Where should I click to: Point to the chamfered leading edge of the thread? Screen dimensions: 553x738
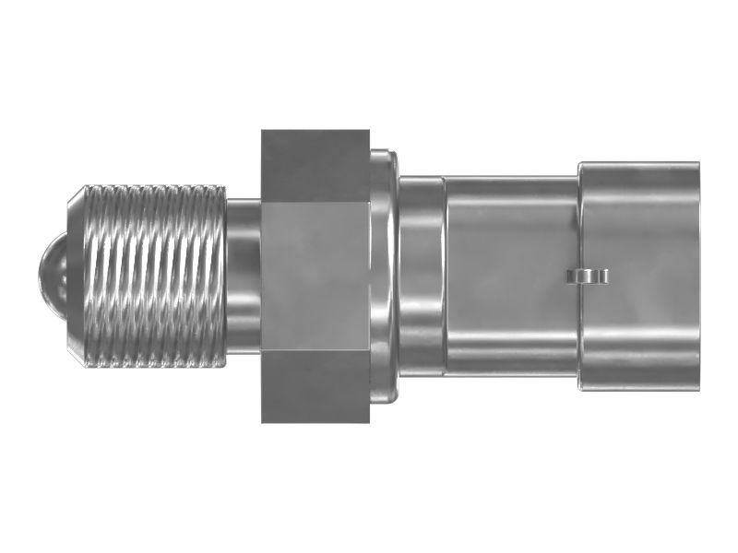click(x=78, y=276)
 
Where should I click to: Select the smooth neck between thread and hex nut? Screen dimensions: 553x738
click(x=244, y=276)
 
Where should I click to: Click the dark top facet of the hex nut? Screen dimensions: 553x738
click(x=315, y=166)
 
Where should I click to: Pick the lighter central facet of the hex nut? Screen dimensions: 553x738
click(x=315, y=276)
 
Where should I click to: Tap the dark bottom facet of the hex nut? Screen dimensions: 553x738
click(x=315, y=387)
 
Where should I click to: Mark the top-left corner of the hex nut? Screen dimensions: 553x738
click(x=263, y=132)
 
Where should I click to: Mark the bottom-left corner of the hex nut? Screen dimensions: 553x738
click(x=263, y=421)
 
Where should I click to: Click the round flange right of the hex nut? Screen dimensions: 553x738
click(x=384, y=276)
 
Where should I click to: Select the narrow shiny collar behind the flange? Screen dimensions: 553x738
click(x=421, y=276)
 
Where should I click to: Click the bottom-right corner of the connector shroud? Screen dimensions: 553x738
click(x=696, y=387)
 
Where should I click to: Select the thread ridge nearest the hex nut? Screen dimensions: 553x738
click(x=220, y=276)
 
